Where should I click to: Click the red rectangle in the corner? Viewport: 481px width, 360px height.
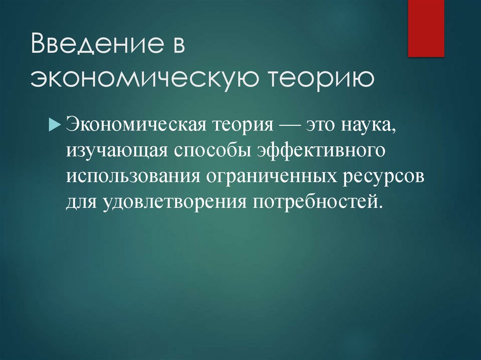(426, 28)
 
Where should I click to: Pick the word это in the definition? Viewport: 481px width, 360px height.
(324, 125)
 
